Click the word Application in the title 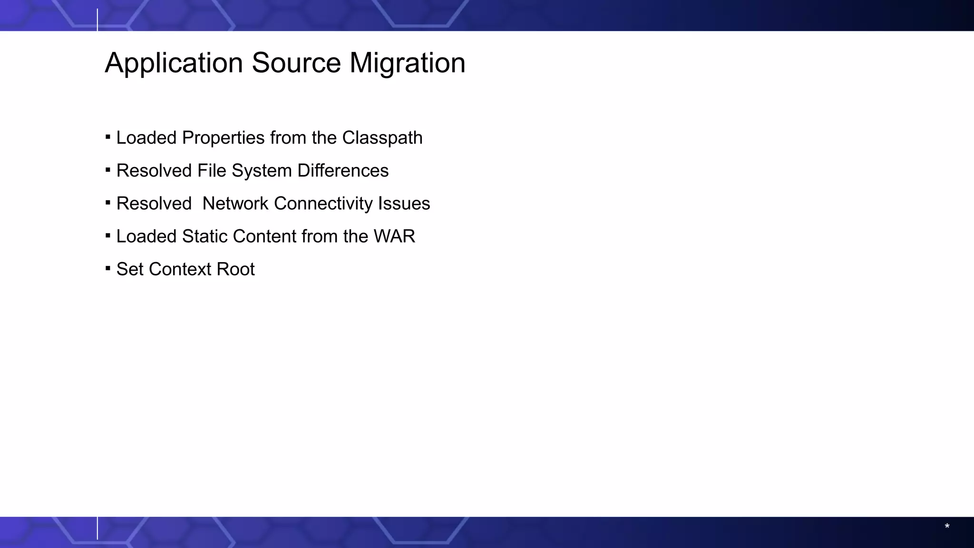coord(174,63)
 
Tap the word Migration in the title coord(407,63)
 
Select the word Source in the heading coord(296,63)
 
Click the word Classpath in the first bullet coord(382,138)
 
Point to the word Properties coord(223,138)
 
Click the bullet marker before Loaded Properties coord(108,137)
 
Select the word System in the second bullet coord(261,171)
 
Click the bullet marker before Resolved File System coord(108,170)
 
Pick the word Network coord(235,204)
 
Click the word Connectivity coord(323,204)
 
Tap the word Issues coord(404,204)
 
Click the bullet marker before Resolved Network coord(108,203)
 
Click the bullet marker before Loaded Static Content coord(108,236)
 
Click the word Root coord(235,269)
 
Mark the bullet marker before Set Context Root coord(108,269)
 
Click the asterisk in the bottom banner coord(947,526)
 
